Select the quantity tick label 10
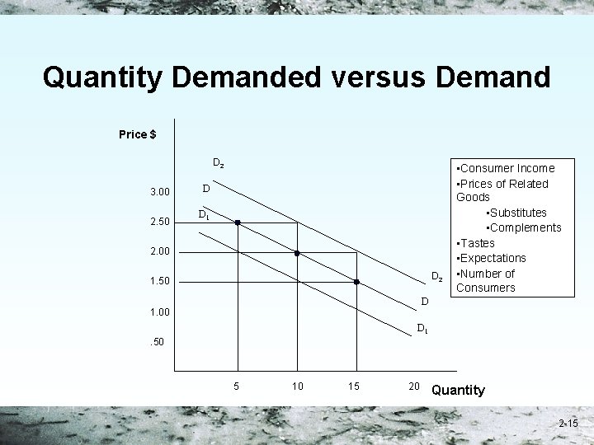pos(297,386)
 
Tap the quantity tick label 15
pos(355,386)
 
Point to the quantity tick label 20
pos(414,386)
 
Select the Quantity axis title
pos(458,390)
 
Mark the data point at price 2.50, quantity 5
pos(238,222)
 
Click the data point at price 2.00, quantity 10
pos(297,252)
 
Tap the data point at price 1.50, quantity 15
pos(356,282)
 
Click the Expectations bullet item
pos(493,258)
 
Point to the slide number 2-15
pos(568,424)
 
